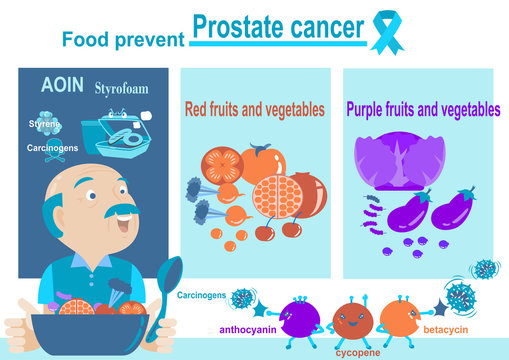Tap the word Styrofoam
[121, 89]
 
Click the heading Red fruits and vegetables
[254, 109]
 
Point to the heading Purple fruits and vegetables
[423, 109]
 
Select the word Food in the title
[82, 40]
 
